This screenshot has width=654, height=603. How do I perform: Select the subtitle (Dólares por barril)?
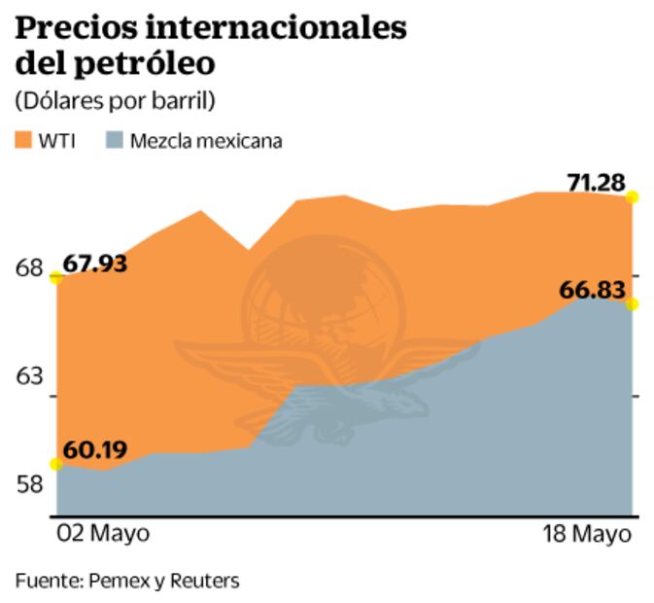tap(115, 100)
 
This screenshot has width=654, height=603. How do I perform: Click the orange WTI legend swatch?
tap(24, 140)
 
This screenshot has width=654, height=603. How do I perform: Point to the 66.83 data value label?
tap(592, 290)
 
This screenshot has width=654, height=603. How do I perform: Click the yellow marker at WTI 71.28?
tap(633, 197)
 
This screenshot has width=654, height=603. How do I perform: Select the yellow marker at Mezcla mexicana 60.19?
tap(57, 464)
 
